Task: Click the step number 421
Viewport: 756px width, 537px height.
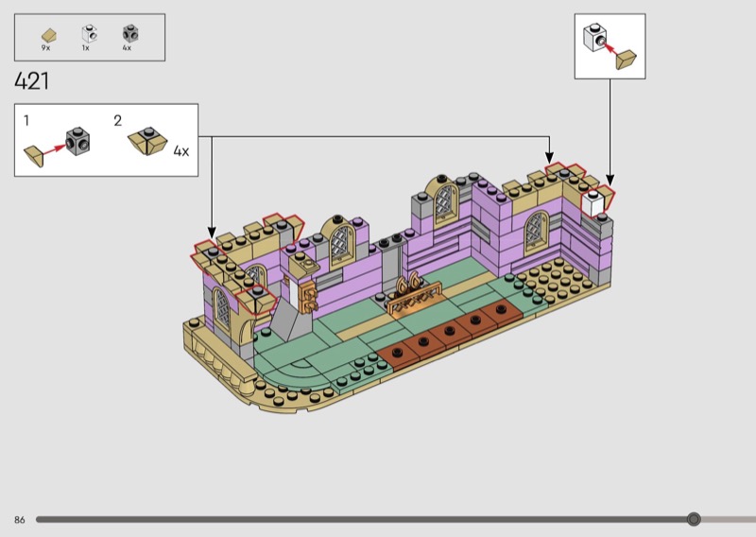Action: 32,81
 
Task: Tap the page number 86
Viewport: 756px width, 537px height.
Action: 19,520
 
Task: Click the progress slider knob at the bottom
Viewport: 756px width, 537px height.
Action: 694,519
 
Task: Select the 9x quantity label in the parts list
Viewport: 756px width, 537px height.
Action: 45,48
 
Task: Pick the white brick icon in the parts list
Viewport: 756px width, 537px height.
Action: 89,34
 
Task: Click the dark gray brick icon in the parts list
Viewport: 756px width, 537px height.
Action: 130,34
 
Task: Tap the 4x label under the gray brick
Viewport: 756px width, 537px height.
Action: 127,48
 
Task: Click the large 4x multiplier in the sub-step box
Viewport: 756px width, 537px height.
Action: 181,151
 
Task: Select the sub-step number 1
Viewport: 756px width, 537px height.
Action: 26,121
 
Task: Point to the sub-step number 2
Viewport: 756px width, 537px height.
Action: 117,121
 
